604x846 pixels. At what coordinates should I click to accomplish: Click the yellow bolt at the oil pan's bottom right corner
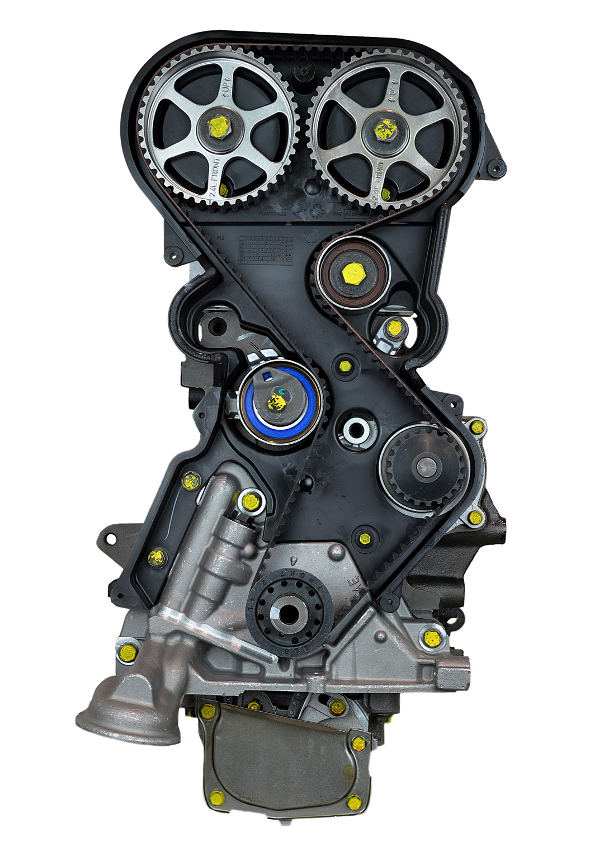point(353,802)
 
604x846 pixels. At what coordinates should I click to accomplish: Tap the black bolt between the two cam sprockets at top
point(304,72)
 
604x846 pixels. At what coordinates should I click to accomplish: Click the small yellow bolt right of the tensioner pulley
point(345,366)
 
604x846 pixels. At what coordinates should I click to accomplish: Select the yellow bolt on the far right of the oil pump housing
point(432,637)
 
